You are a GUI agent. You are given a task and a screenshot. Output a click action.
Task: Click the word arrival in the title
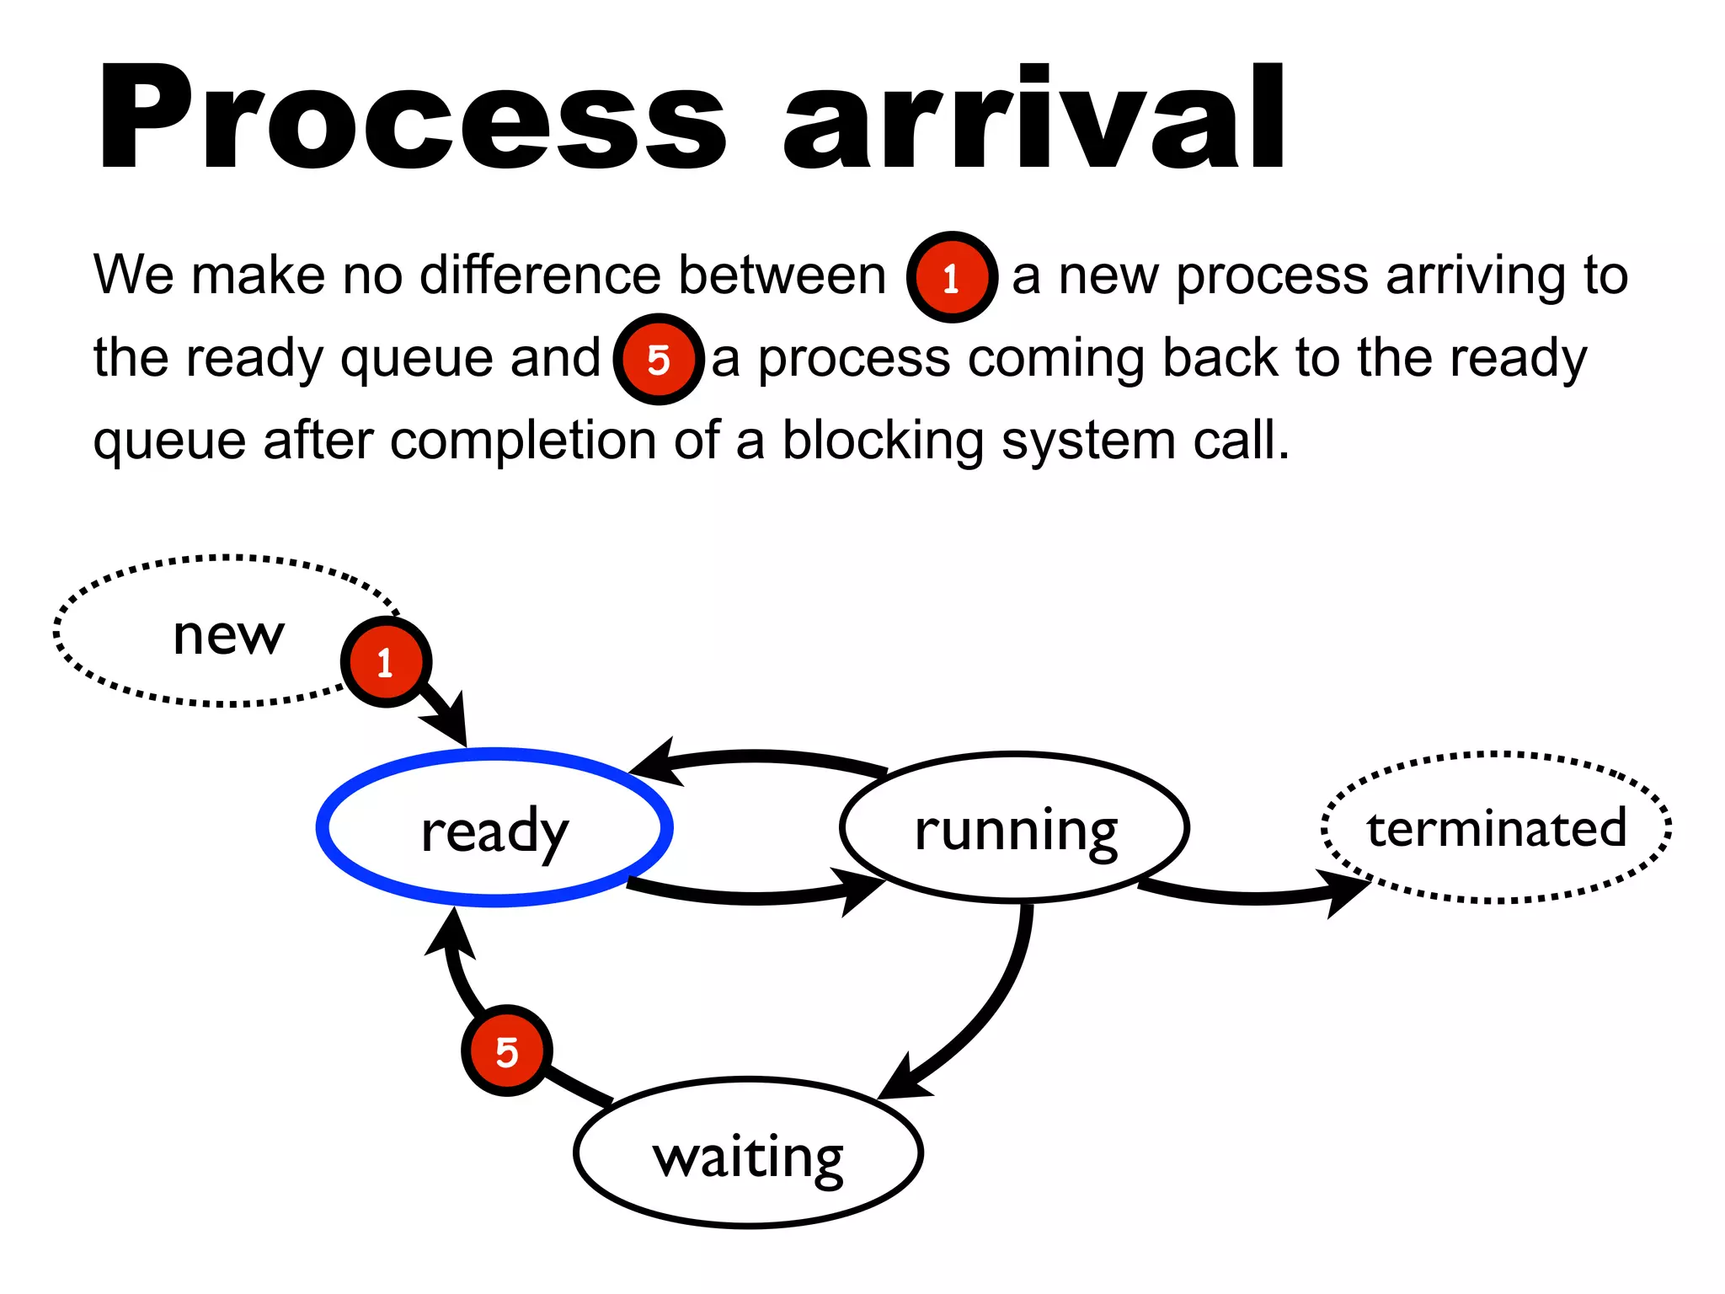point(1034,118)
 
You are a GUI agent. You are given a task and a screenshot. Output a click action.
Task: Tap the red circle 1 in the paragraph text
point(952,277)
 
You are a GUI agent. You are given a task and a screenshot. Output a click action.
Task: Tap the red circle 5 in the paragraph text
point(659,360)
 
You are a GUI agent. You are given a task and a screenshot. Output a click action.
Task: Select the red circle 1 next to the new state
point(386,662)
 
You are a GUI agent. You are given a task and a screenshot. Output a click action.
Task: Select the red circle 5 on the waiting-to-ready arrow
point(506,1051)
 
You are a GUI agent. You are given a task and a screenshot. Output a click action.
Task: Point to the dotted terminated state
point(1496,827)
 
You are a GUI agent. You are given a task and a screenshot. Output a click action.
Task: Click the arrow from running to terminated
point(1255,896)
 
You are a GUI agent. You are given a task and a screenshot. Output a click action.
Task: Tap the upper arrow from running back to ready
point(758,756)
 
